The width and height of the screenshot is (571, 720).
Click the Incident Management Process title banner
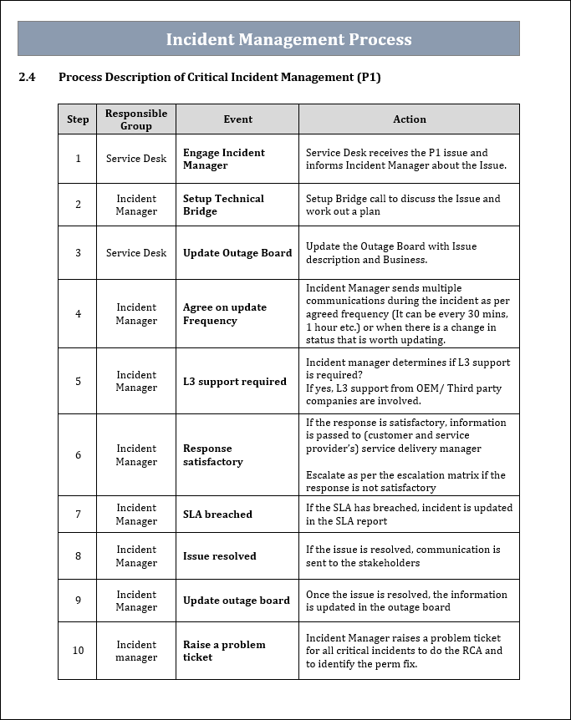[x=288, y=39]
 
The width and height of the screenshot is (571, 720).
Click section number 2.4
[x=27, y=78]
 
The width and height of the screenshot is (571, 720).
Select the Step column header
[x=78, y=119]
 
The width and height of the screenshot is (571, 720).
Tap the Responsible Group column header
[x=136, y=119]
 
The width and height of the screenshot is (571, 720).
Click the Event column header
[x=237, y=119]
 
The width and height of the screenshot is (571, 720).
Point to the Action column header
[x=409, y=119]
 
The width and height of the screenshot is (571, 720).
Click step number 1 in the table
[x=78, y=159]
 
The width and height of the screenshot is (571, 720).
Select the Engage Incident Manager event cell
[x=223, y=159]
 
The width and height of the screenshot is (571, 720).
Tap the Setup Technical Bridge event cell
[x=223, y=205]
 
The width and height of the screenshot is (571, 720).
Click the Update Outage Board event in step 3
[x=237, y=253]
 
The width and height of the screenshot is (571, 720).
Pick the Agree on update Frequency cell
[x=224, y=314]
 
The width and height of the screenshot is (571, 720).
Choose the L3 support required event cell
[x=234, y=382]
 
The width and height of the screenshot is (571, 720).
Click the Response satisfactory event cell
[x=212, y=455]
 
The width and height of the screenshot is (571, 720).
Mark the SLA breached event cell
[x=217, y=515]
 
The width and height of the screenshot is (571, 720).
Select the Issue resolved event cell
[x=219, y=556]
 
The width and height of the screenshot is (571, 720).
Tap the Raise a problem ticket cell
[x=223, y=651]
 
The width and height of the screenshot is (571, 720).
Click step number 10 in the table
[x=78, y=651]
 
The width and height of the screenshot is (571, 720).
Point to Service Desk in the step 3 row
[x=136, y=253]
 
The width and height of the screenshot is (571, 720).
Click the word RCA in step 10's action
[x=473, y=651]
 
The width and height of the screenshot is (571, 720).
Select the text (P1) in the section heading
[x=368, y=78]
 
